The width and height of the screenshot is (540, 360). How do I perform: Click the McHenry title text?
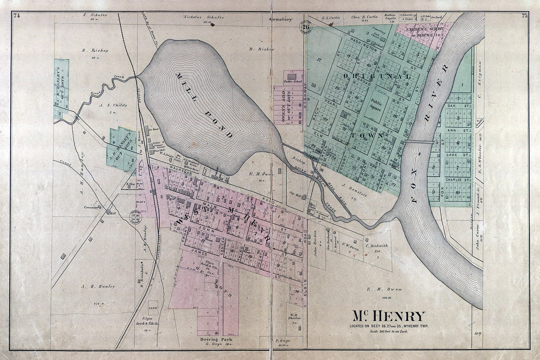click(x=389, y=316)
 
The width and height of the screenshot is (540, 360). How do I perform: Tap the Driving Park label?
click(x=217, y=340)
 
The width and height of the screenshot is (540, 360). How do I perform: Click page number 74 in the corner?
click(x=17, y=16)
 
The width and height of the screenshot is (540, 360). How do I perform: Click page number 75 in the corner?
click(x=524, y=16)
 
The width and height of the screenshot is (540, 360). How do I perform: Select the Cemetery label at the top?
click(x=281, y=20)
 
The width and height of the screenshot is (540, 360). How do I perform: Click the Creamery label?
click(x=90, y=207)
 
